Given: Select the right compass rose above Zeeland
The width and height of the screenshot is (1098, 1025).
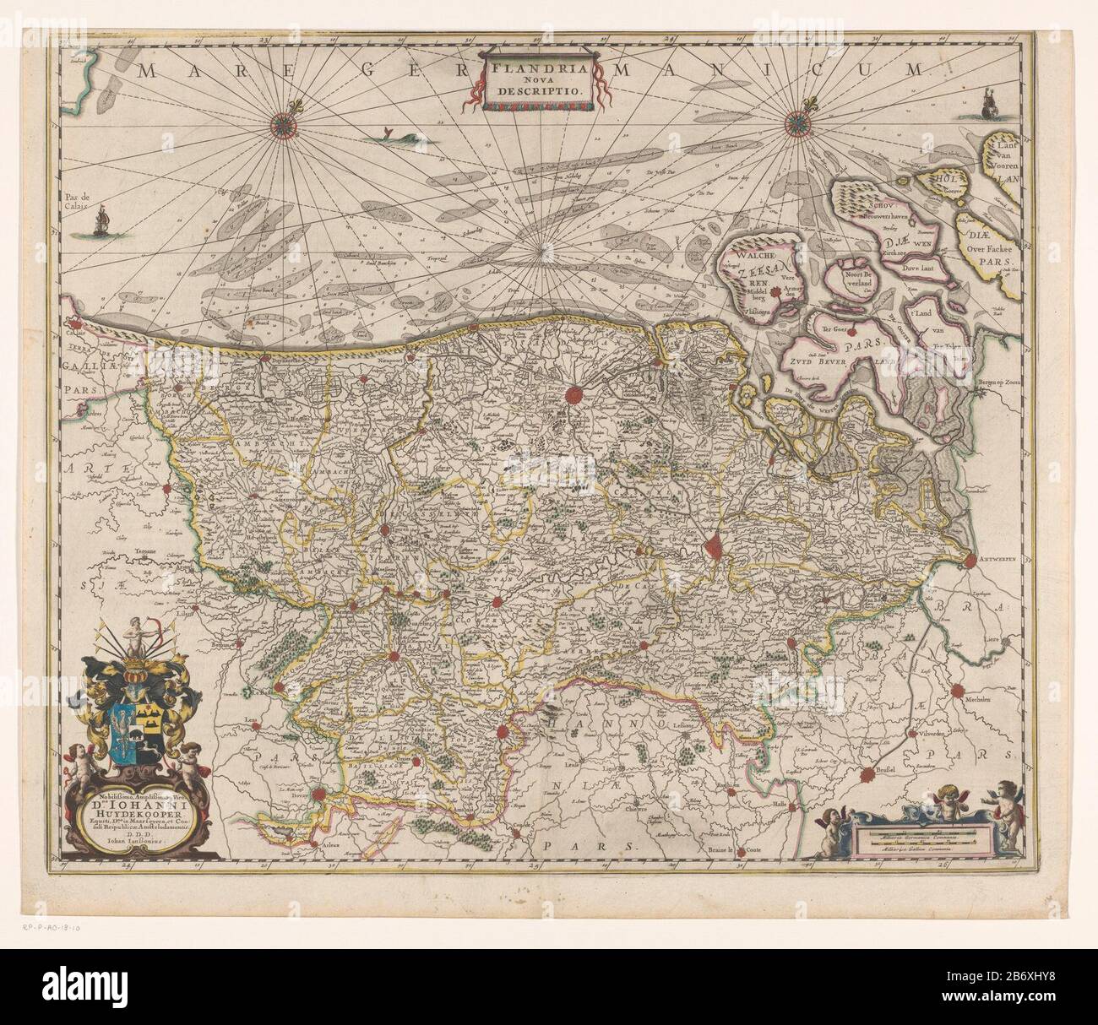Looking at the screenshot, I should (x=796, y=124).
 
